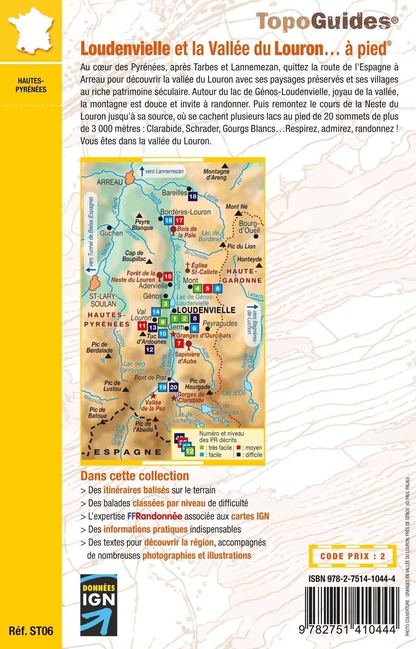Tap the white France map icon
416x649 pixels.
(x=29, y=31)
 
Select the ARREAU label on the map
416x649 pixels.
(x=110, y=182)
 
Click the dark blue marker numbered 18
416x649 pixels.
(x=193, y=196)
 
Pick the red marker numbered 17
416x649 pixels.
(x=179, y=220)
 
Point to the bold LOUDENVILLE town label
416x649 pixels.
(x=203, y=309)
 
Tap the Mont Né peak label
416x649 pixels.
(x=236, y=207)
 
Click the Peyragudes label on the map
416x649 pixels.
(x=220, y=324)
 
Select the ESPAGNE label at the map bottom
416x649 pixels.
(x=127, y=451)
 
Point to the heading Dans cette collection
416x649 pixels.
(x=135, y=475)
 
